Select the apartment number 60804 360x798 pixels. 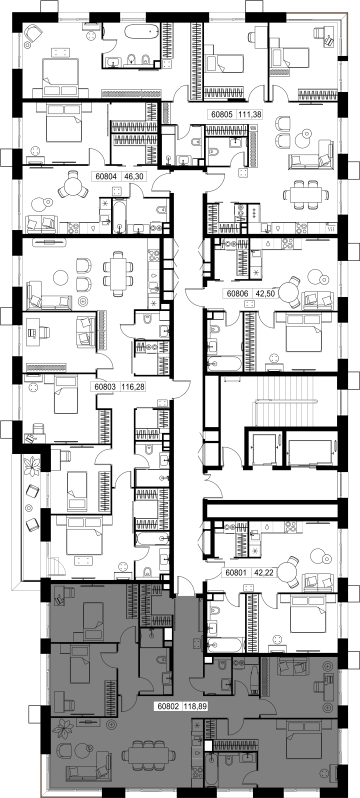[x=105, y=177]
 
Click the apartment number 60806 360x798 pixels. [x=236, y=294]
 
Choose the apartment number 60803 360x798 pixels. [x=105, y=387]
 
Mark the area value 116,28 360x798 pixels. [x=132, y=387]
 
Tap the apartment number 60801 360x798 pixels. [x=236, y=572]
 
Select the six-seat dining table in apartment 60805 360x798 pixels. [x=303, y=195]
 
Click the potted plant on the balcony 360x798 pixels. [x=33, y=466]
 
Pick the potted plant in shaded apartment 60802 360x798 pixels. [x=62, y=729]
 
